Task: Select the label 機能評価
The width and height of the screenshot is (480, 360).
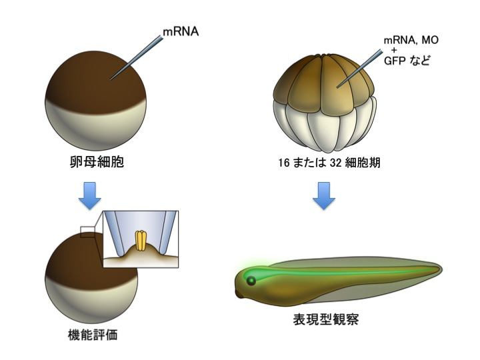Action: [x=91, y=335]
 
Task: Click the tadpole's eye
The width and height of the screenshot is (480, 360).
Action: [x=251, y=281]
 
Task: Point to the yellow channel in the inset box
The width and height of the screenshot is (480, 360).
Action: [x=141, y=241]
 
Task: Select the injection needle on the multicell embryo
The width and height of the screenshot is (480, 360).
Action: [x=358, y=71]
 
